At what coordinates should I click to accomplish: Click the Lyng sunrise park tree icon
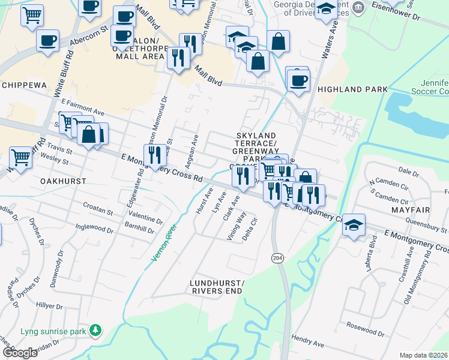95,331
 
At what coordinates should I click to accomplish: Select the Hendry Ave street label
307,342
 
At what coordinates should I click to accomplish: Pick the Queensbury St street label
414,224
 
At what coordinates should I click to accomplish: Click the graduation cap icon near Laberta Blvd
354,225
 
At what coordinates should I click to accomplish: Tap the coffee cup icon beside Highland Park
298,80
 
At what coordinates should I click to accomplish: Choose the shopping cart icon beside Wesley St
20,157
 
